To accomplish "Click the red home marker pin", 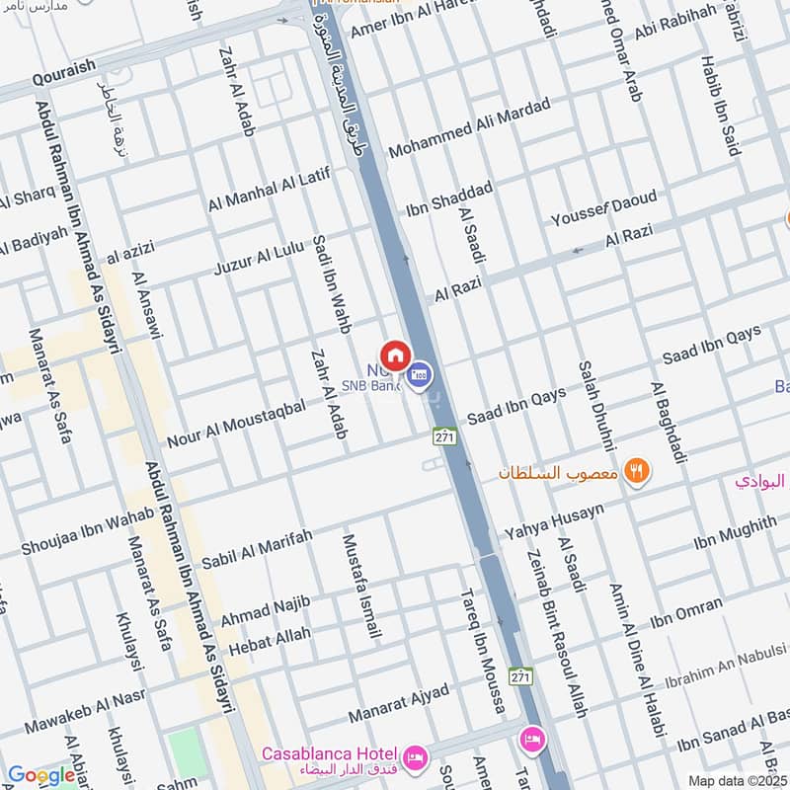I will coord(394,355).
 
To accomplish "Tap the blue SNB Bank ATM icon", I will coord(421,374).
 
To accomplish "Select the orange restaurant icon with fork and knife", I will coord(637,471).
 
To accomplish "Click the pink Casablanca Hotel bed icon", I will coord(415,754).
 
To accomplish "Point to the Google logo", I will coord(40,776).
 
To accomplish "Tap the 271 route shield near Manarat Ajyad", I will coord(520,676).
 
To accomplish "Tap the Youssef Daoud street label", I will coord(603,208).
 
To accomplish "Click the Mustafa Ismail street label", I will coord(360,587).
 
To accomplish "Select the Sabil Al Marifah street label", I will coord(256,549).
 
